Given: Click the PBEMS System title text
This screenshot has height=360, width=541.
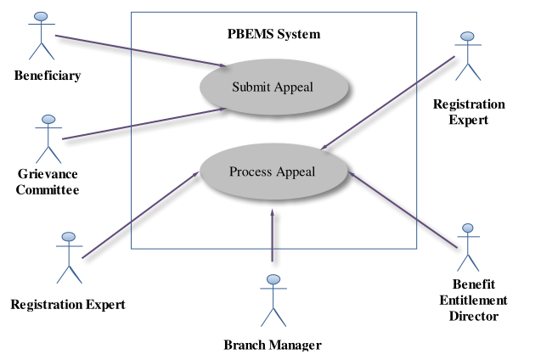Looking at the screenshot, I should (x=273, y=35).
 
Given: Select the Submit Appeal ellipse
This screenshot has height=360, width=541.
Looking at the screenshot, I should (x=273, y=87).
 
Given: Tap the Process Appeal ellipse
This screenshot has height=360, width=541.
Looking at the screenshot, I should (x=273, y=172).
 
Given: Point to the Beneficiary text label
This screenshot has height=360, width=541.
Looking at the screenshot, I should (x=48, y=76).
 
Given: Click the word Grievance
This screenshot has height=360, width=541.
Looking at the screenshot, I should (x=48, y=175).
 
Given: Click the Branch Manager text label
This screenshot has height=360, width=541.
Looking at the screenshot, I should (x=273, y=345).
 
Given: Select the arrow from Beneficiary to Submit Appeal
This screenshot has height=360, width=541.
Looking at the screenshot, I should (x=140, y=50).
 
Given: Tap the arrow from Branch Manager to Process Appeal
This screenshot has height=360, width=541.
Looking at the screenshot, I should (x=273, y=238).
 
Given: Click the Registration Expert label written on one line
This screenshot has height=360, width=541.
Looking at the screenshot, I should (x=68, y=303).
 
